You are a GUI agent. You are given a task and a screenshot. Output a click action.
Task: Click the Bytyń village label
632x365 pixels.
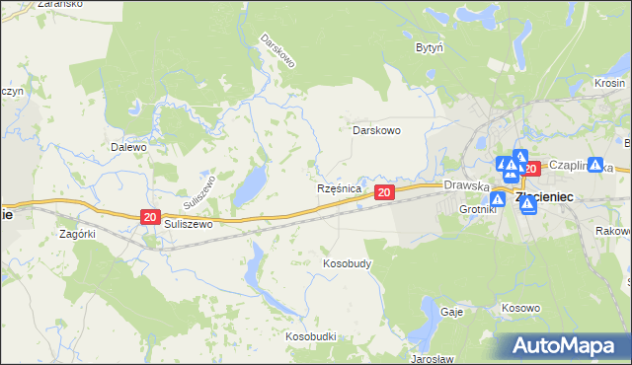pos(429,47)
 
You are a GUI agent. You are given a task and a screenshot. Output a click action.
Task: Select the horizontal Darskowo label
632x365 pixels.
pos(376,129)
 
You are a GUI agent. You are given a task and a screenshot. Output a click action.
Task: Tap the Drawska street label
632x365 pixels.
pos(467,184)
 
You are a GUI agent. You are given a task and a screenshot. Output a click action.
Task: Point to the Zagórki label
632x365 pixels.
pos(77,234)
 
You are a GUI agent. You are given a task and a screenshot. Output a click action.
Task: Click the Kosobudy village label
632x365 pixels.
pos(347,264)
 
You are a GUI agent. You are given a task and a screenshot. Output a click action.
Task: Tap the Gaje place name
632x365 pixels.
pos(452,310)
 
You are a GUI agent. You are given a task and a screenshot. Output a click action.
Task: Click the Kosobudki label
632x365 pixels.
pos(311,336)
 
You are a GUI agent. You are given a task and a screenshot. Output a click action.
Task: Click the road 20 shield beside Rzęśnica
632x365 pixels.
pos(385,191)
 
